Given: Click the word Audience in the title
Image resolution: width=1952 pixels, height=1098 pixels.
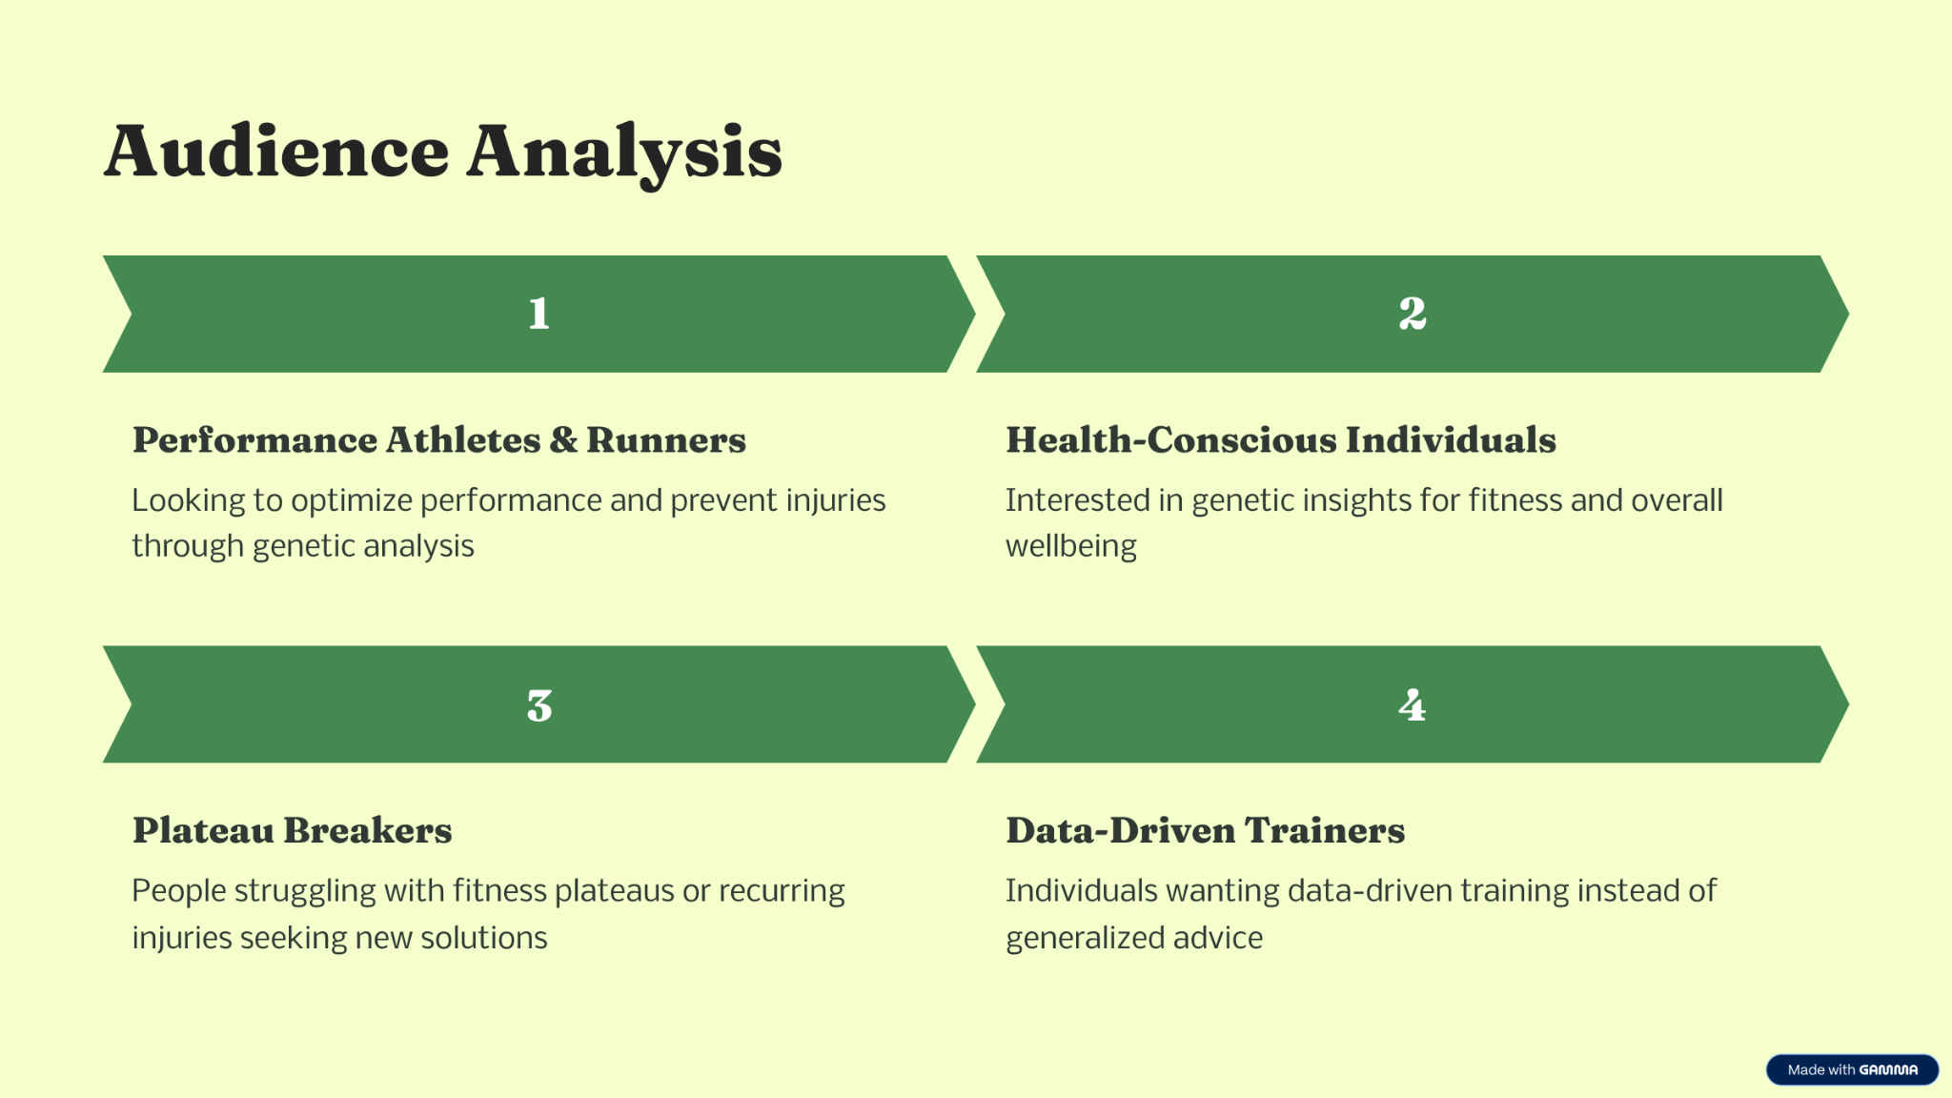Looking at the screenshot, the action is tap(276, 152).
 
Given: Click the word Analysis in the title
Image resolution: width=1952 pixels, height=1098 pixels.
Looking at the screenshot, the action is tap(624, 154).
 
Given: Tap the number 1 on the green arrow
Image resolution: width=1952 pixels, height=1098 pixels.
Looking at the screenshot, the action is tap(539, 314).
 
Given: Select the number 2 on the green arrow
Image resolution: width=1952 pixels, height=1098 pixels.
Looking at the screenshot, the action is tap(1413, 314).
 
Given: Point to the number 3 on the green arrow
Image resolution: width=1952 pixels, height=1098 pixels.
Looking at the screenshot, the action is tap(539, 705).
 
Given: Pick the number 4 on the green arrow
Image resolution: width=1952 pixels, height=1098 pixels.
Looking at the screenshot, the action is tap(1413, 705).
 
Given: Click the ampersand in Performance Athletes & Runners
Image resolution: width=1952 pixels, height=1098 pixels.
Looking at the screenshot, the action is tap(563, 440).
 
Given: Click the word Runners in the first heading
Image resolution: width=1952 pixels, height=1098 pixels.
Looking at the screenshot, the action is tap(666, 440).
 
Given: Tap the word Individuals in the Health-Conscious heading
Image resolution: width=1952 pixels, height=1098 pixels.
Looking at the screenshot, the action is tap(1451, 440).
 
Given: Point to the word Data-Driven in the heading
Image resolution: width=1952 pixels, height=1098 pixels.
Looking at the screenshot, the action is tap(1121, 830).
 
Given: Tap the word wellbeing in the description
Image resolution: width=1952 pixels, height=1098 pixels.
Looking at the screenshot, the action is tap(1071, 547).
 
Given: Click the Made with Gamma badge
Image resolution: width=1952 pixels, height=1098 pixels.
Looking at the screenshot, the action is tap(1852, 1069).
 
